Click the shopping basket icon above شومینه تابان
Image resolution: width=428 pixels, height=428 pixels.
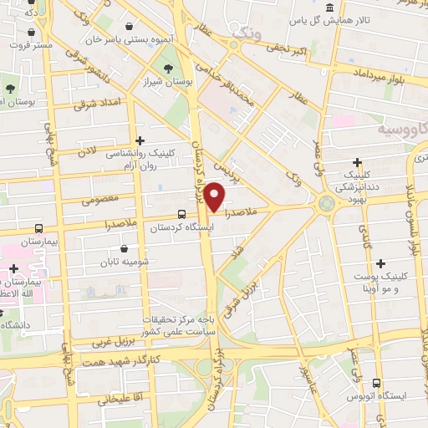(x=125, y=248)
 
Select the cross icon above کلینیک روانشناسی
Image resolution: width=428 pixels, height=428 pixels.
(x=140, y=140)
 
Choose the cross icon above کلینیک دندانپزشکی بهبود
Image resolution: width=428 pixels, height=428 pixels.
(x=358, y=162)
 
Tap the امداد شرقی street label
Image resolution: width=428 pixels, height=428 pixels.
(x=98, y=103)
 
